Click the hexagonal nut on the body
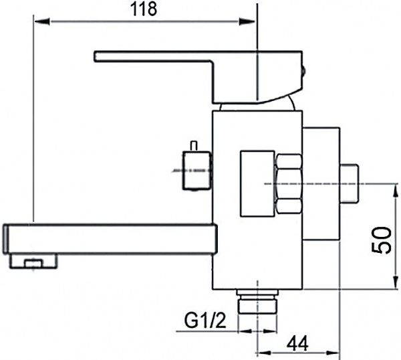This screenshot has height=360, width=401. [289, 184]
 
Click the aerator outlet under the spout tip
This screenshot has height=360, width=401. [31, 262]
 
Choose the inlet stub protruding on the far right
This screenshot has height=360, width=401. [349, 183]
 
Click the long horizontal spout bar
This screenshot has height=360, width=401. [110, 239]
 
